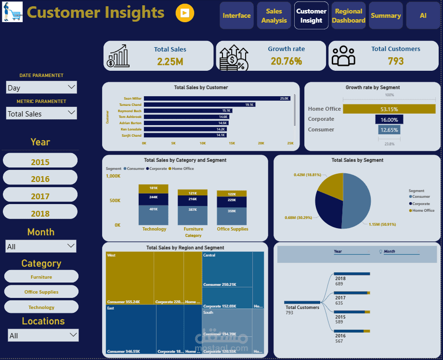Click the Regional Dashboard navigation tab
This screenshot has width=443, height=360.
point(349,16)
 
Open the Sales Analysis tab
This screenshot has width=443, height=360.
point(274,16)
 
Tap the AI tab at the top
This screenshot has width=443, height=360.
point(423,16)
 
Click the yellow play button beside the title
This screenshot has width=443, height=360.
point(185,13)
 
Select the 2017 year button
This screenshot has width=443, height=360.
point(40,196)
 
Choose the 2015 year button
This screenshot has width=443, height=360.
point(40,162)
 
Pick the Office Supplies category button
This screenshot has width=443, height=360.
point(41,292)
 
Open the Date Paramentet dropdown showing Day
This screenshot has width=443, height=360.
point(41,88)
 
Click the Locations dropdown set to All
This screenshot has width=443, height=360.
point(43,335)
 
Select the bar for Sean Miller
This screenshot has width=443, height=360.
point(217,98)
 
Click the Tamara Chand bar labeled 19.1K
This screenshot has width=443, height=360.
point(199,104)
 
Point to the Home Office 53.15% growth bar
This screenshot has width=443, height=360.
point(389,109)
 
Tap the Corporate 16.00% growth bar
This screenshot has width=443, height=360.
point(389,119)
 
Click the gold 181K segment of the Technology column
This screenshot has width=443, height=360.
point(154,189)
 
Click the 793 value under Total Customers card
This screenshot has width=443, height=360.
point(396,61)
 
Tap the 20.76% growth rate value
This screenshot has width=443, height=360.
point(286,61)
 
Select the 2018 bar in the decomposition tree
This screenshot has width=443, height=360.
point(352,274)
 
